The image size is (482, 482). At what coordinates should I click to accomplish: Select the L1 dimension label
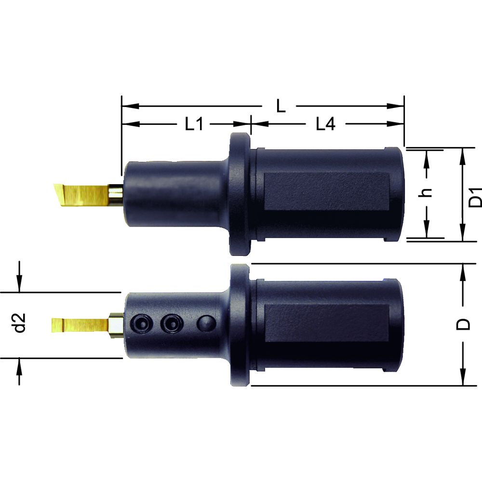(194, 124)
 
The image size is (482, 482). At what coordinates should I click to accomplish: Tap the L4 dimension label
(325, 124)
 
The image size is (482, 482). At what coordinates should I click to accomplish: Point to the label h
(426, 193)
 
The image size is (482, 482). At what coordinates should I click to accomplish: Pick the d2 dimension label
(19, 323)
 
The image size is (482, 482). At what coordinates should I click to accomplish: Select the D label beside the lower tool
(464, 324)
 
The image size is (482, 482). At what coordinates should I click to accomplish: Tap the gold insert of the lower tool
(80, 325)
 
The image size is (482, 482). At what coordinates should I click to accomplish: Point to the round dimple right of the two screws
(206, 323)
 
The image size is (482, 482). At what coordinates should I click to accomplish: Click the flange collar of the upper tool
(239, 193)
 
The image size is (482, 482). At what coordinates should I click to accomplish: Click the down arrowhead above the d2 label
(19, 287)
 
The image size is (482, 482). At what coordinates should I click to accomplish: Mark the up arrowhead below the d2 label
(19, 364)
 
